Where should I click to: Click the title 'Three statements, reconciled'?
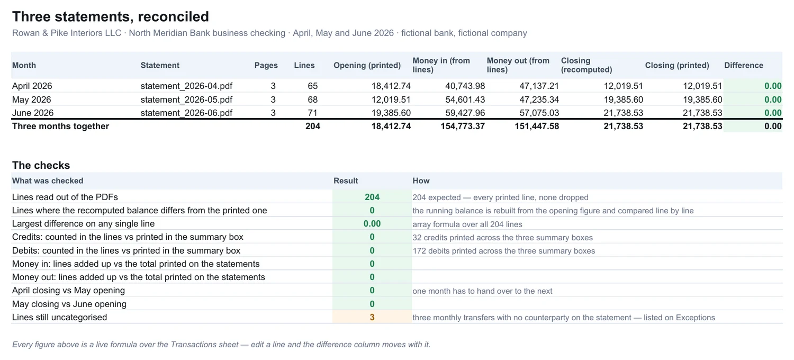point(111,16)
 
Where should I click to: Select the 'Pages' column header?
point(266,65)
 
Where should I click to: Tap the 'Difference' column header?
point(744,65)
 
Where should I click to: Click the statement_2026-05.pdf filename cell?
point(186,100)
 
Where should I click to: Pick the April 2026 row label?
point(32,86)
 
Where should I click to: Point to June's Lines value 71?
point(312,113)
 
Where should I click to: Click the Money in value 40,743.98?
point(465,86)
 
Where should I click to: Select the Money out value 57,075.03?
point(539,113)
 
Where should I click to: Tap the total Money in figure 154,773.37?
point(463,127)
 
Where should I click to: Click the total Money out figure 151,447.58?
point(537,127)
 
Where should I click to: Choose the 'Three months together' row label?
point(61,127)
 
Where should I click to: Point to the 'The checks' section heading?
point(41,165)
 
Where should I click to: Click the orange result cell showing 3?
point(372,317)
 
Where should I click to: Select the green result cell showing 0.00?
point(372,224)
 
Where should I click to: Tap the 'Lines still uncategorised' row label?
point(59,317)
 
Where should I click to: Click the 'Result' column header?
point(346,181)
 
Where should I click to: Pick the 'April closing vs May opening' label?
point(68,291)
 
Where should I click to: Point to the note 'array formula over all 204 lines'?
point(467,224)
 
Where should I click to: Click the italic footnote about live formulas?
point(221,345)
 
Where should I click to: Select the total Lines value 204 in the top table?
point(313,127)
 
